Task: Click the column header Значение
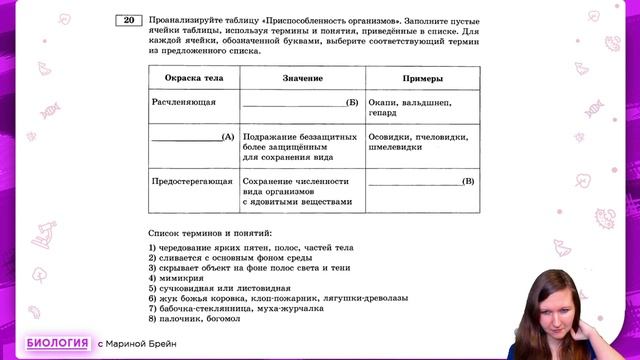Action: coord(301,78)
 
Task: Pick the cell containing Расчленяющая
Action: coord(184,102)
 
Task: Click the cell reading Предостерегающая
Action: coord(192,182)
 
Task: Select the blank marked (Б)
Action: coord(300,102)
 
